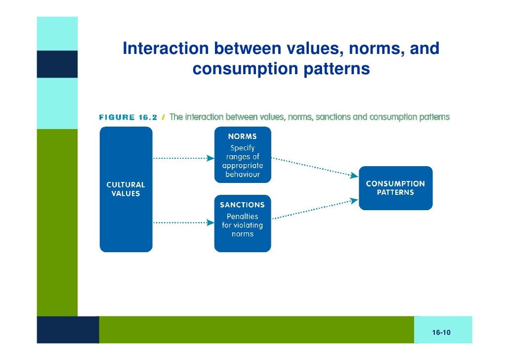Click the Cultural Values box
pos(126,189)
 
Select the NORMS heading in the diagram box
pos(242,136)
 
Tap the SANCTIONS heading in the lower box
pos(242,205)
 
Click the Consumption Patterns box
pos(395,188)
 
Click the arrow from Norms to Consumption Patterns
pos(314,167)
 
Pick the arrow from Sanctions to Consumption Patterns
pos(314,210)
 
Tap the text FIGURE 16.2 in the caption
pos(128,118)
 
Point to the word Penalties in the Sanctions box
pos(242,217)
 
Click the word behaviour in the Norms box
pos(242,175)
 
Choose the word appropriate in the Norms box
pos(242,166)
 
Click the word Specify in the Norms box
pos(242,148)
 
